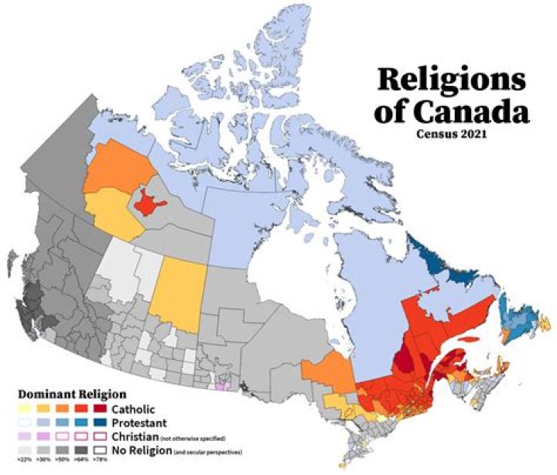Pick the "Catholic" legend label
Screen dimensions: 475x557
click(x=133, y=408)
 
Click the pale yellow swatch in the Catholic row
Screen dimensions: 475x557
click(x=26, y=408)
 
